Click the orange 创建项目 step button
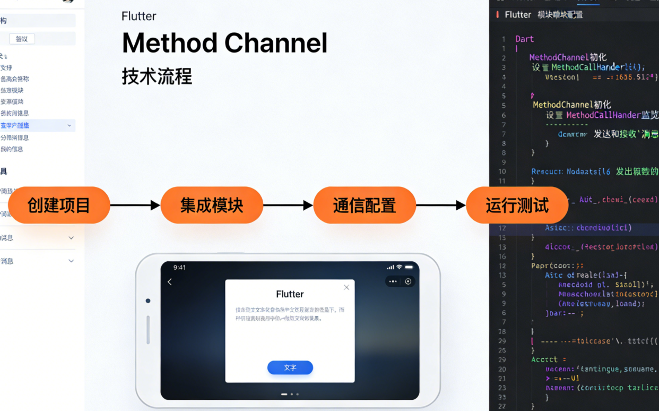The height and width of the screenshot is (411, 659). [59, 205]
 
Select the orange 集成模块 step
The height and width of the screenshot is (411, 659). [212, 205]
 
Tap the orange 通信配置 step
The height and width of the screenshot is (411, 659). [365, 205]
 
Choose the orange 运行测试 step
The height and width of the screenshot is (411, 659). [517, 205]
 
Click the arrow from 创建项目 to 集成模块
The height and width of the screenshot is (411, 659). [135, 205]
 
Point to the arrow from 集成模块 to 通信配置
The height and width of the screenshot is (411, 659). [288, 205]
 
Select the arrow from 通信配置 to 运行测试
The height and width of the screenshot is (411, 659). [441, 205]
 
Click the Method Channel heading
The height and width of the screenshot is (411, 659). [224, 44]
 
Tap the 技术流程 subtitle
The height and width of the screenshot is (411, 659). [157, 76]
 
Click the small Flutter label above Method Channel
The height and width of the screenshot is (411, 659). [138, 16]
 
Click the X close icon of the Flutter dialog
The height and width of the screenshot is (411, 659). [346, 287]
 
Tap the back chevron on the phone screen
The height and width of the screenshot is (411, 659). [170, 282]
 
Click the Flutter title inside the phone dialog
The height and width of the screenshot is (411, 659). [290, 294]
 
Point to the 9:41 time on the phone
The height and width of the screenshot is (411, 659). [180, 268]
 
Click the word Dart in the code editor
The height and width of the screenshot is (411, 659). [524, 39]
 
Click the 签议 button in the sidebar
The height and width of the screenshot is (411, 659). [22, 39]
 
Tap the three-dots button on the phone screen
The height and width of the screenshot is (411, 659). [393, 281]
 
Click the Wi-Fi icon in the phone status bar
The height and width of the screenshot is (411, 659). [399, 267]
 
